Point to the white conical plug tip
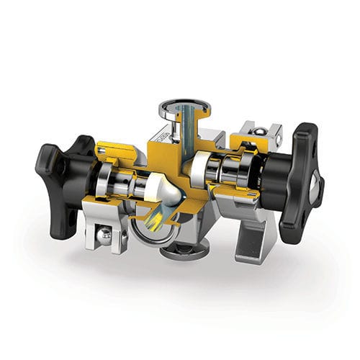pos(168,191)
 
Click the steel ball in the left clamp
pos(105,234)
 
